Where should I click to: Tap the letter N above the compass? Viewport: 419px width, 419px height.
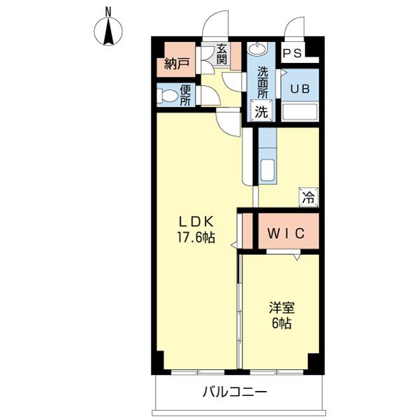point(108,10)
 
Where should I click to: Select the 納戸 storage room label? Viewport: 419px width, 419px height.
point(177,65)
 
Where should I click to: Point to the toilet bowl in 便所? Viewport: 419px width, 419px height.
point(168,95)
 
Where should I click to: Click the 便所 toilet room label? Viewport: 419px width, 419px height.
point(186,95)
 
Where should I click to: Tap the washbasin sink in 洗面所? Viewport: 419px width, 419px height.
point(257,50)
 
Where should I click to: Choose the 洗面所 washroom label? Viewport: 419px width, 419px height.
point(263,82)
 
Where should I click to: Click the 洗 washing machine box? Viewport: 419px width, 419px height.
point(260,110)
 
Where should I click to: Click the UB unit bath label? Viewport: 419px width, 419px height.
point(300,89)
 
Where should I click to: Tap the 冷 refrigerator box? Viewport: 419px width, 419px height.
point(308,198)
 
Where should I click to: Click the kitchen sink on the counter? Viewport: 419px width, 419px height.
point(267,170)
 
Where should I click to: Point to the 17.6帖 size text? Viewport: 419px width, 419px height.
point(195,238)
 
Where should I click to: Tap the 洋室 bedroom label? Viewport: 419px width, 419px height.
point(281,308)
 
